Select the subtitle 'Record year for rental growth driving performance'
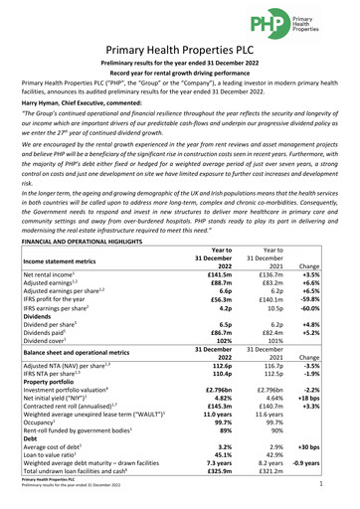[x=179, y=78]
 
